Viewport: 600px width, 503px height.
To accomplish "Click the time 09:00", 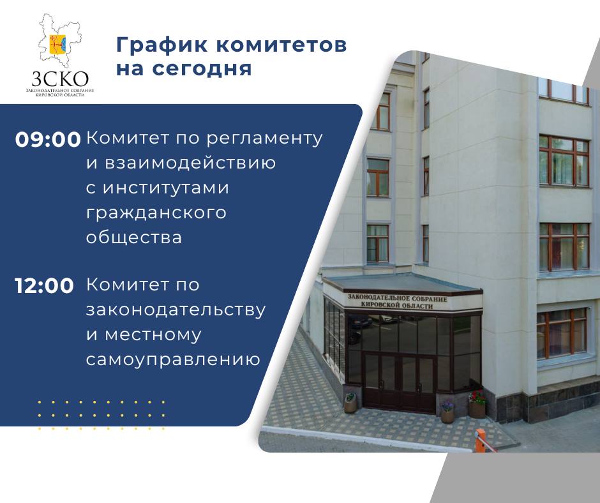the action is point(48,139).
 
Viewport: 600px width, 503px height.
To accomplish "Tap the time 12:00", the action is point(45,285).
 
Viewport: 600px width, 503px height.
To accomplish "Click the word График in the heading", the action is point(162,45).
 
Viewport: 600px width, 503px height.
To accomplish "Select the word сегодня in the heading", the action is point(201,68).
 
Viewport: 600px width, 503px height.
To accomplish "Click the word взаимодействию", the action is point(190,163).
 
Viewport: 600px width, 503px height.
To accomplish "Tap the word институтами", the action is point(166,188).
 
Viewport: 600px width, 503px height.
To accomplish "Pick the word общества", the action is point(134,237).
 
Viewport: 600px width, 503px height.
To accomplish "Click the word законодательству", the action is point(176,310).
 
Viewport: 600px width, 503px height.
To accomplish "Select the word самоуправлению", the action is point(174,359).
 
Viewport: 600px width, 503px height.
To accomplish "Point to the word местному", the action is point(153,335).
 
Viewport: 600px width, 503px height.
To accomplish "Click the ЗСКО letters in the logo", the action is point(60,79).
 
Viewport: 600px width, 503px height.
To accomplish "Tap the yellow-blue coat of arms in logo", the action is point(58,44).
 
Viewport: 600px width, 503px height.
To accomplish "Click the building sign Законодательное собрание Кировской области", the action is point(397,302).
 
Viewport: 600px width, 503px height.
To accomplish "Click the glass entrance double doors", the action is point(399,384).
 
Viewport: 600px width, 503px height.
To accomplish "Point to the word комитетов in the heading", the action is point(281,45).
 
